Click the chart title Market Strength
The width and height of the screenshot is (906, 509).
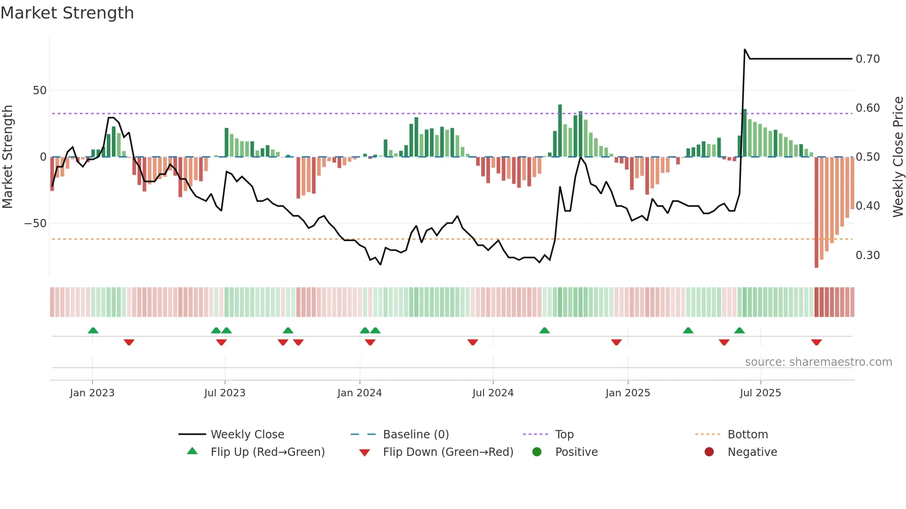click(67, 13)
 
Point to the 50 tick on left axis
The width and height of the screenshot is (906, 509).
click(40, 91)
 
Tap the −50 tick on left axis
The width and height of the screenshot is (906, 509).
click(36, 224)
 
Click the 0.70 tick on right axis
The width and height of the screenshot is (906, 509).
click(868, 59)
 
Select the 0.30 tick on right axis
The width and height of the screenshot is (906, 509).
click(868, 255)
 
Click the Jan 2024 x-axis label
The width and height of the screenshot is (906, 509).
click(359, 393)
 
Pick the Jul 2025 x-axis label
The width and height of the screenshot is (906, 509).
click(760, 393)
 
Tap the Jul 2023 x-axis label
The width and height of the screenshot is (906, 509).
click(225, 393)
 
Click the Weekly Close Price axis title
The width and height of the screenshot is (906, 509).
click(898, 157)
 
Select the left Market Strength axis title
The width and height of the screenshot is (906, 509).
click(8, 157)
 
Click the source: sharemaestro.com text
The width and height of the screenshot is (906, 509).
click(818, 362)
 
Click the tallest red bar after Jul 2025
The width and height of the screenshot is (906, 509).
click(816, 212)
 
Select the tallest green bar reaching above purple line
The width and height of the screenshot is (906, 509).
click(560, 131)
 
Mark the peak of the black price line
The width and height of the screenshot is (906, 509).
click(745, 49)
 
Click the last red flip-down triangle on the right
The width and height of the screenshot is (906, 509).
click(816, 342)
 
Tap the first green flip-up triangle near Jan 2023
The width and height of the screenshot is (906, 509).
click(93, 330)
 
